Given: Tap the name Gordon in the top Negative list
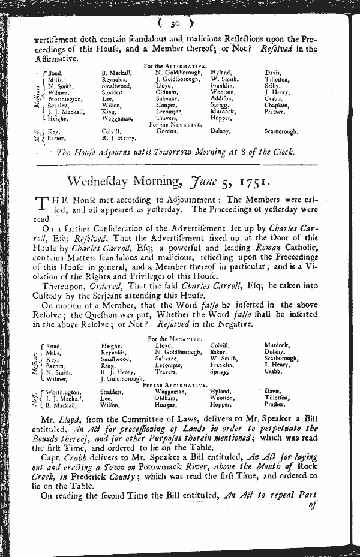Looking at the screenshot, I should (166, 131).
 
